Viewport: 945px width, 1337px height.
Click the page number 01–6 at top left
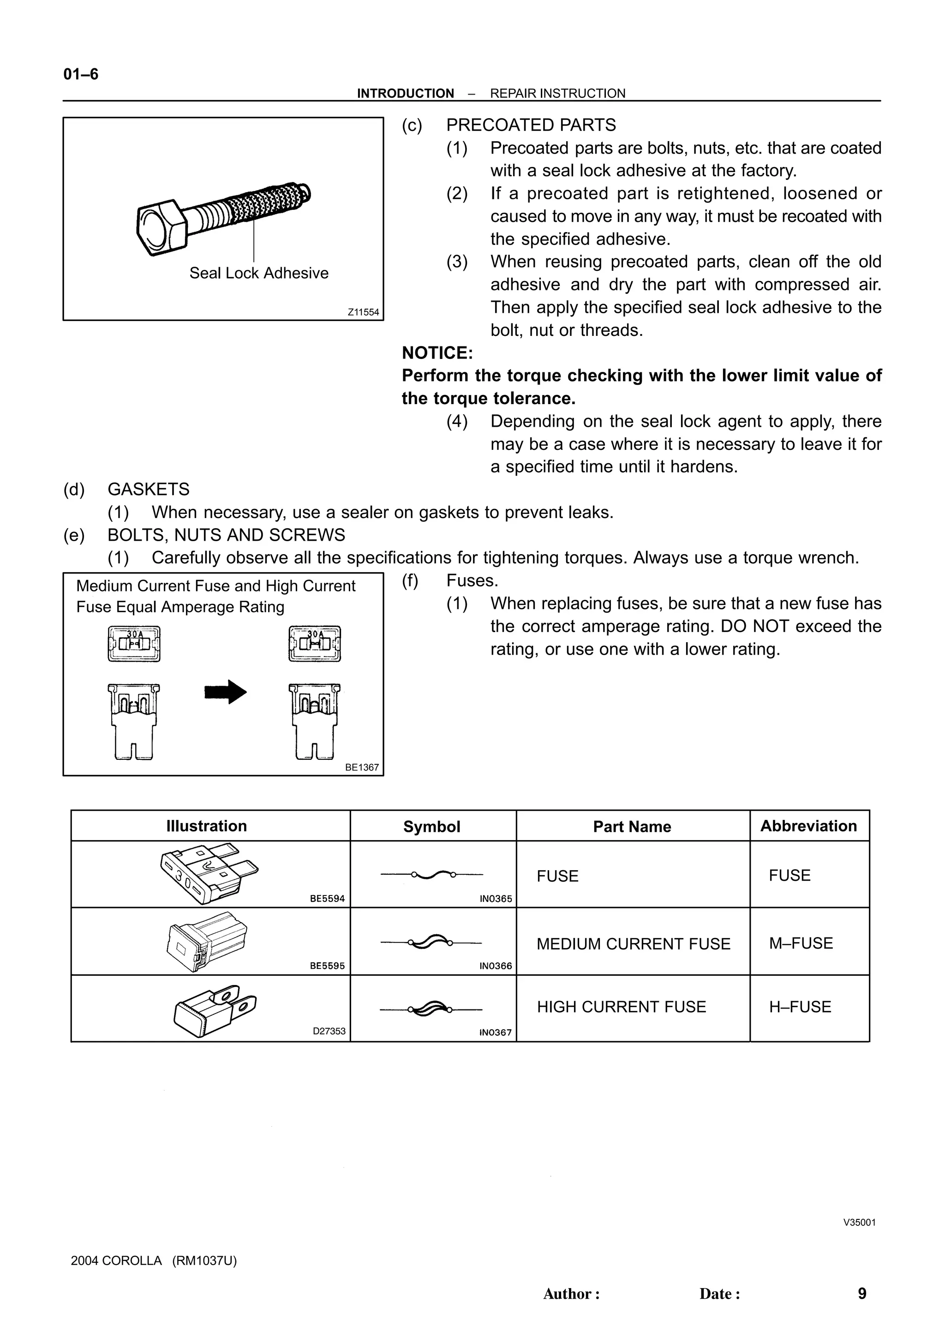pos(81,75)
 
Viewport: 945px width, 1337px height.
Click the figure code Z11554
pos(363,312)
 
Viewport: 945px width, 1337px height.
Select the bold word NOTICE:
pos(437,353)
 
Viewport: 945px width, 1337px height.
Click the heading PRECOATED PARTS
pos(531,125)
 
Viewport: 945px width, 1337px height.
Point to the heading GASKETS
pos(149,489)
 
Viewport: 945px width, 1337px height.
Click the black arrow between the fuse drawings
pos(226,692)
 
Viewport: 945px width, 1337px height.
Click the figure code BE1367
pos(362,768)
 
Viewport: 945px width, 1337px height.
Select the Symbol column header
pos(431,826)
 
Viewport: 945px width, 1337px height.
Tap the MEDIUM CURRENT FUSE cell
pos(633,943)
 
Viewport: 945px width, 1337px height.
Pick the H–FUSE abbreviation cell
pos(800,1007)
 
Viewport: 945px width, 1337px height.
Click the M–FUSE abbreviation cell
pos(801,943)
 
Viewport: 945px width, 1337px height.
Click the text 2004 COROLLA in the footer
pos(116,1261)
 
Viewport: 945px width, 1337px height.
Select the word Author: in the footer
pos(571,1294)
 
